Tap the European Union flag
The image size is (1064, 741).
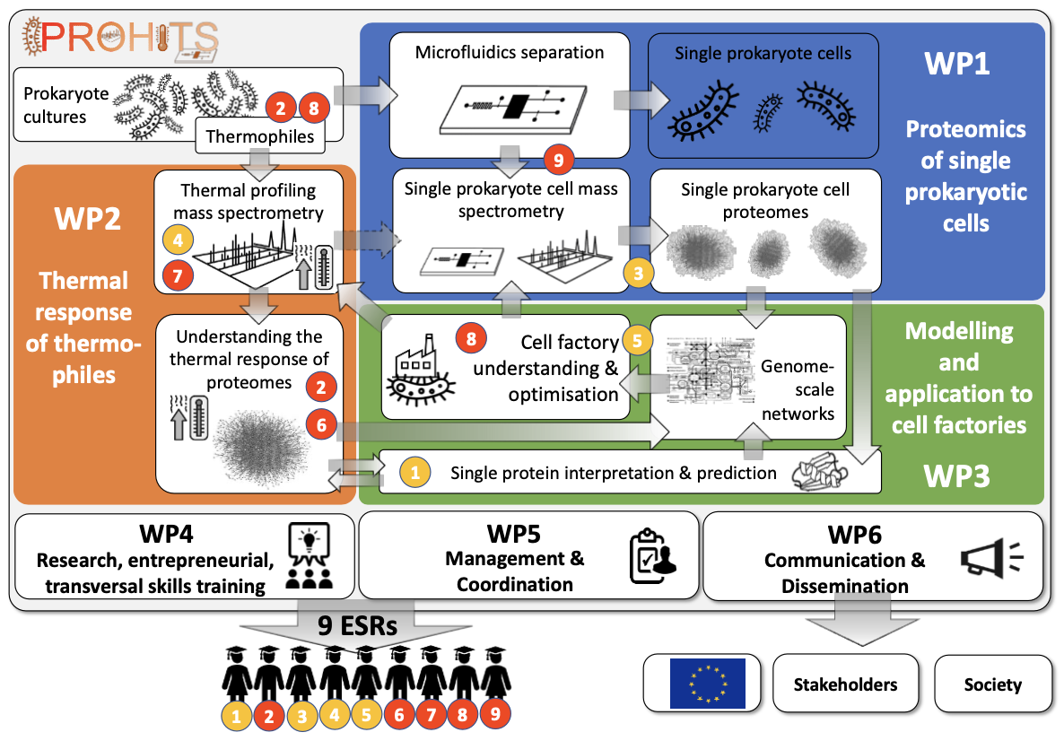[x=707, y=684]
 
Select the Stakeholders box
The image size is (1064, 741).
[x=845, y=684]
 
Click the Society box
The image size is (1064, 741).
[x=992, y=684]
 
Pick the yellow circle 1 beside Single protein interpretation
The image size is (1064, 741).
[x=414, y=471]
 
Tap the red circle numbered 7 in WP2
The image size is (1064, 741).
[x=178, y=274]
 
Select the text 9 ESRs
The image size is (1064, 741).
[x=357, y=626]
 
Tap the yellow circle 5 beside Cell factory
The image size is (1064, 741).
[x=638, y=342]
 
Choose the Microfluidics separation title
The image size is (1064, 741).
[x=510, y=52]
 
